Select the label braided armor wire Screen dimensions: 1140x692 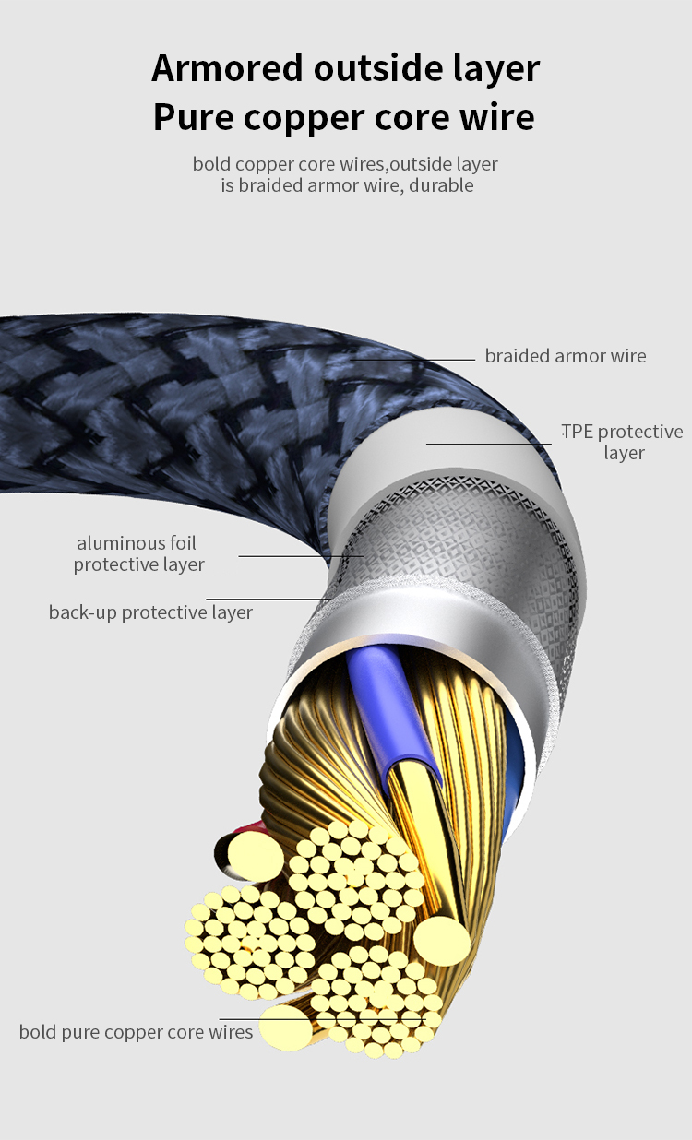click(x=566, y=356)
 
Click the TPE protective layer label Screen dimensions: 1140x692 click(x=623, y=442)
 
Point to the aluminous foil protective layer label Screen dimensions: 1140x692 click(x=138, y=553)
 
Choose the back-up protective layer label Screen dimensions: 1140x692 click(x=150, y=612)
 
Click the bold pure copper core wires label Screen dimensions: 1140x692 click(x=136, y=1031)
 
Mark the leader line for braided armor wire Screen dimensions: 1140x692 click(x=415, y=360)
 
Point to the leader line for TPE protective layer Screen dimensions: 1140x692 click(x=489, y=444)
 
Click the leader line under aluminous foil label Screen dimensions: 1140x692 click(x=286, y=556)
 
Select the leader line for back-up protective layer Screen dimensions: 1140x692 click(x=268, y=600)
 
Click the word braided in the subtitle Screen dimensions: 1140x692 click(x=273, y=185)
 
